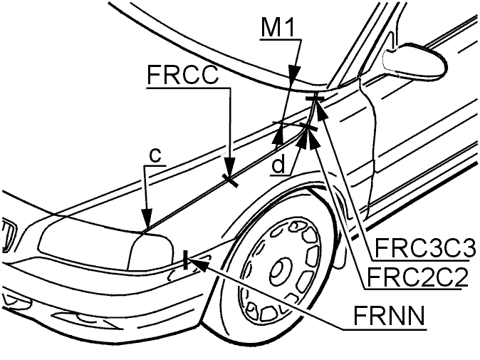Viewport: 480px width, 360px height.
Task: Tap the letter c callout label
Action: tap(155, 155)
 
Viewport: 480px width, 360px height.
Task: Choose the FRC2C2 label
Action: tap(417, 277)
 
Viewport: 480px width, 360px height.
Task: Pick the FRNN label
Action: tap(389, 316)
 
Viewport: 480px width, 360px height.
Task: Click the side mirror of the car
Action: tap(414, 61)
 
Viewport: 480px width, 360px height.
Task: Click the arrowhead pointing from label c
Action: tap(147, 219)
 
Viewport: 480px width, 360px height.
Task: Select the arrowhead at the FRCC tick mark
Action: tap(230, 168)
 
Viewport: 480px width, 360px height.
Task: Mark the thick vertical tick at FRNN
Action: tap(185, 259)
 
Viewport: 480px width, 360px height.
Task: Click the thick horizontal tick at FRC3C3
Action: tap(315, 98)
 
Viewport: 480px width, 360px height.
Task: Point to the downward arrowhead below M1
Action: tap(295, 74)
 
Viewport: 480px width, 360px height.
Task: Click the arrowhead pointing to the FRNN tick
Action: tap(199, 264)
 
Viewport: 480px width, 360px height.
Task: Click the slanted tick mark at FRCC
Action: tap(230, 180)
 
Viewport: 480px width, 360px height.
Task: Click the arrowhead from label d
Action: tap(303, 139)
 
